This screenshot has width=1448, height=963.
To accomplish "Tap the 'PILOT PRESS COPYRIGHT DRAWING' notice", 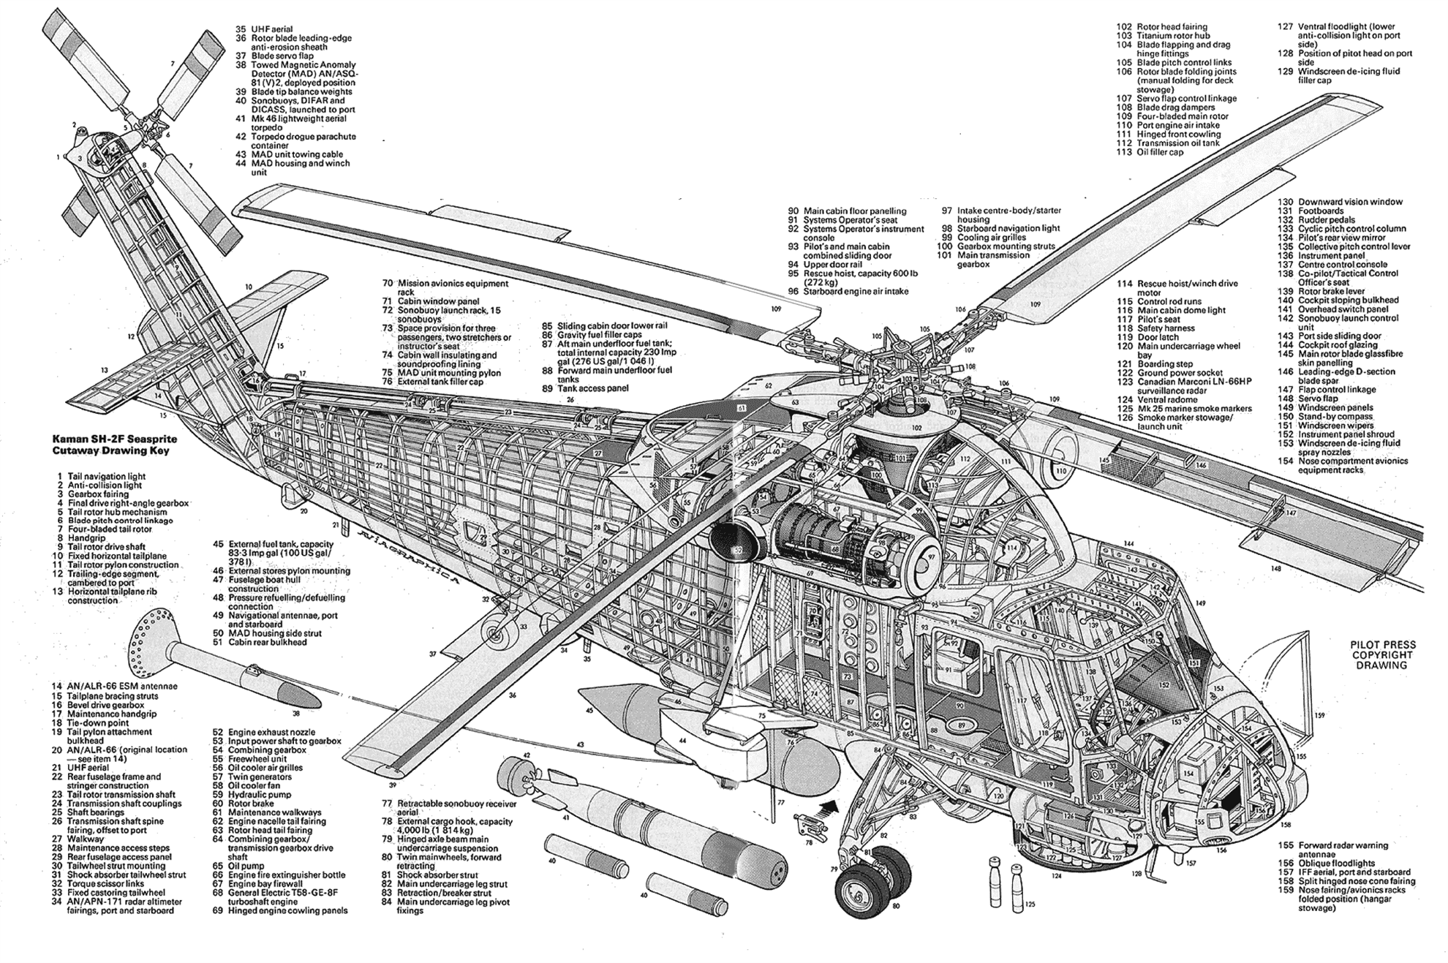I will click(x=1383, y=655).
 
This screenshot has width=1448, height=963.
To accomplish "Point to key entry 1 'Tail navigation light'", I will click(x=106, y=476).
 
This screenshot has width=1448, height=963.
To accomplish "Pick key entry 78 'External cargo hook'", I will click(x=455, y=826).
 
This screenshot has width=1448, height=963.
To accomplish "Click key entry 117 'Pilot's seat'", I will click(x=1158, y=320).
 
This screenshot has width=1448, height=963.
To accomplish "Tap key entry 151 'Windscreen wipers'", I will click(x=1335, y=426).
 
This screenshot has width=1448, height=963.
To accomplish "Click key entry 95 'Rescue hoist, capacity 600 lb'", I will click(x=852, y=278).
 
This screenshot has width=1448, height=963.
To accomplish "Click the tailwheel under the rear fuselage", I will click(x=495, y=632).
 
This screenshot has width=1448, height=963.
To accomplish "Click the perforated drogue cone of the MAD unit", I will click(x=154, y=639).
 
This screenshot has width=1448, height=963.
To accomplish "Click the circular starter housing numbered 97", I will click(x=925, y=557).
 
